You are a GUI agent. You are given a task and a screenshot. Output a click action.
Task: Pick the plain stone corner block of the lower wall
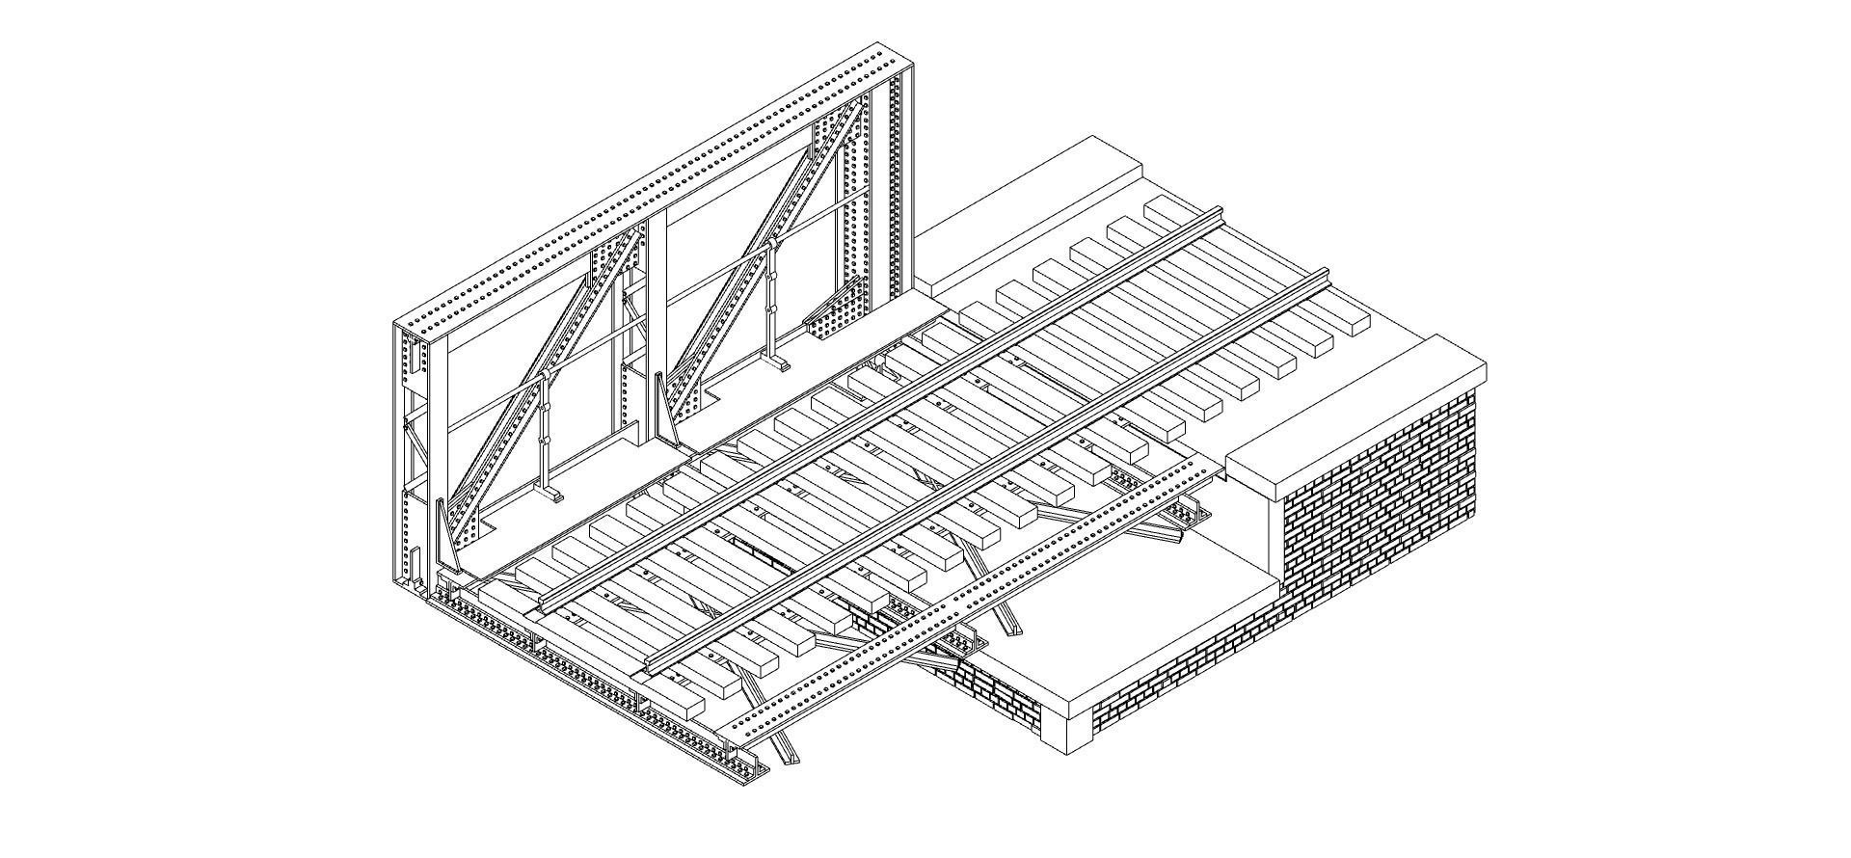[x=1066, y=733]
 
